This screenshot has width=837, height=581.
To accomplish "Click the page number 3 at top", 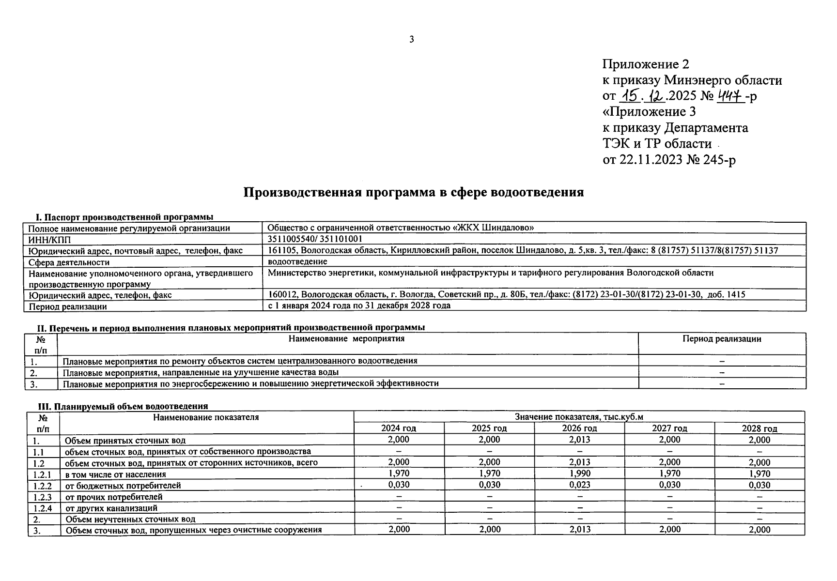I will (412, 40).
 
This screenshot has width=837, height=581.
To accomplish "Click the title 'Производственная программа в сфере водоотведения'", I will (413, 192).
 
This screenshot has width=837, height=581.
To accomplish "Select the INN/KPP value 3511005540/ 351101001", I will (315, 239).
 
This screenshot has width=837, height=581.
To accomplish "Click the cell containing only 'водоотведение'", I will (297, 261).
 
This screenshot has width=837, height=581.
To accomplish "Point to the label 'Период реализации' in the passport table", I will (67, 306).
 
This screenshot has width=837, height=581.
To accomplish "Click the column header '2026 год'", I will (579, 428).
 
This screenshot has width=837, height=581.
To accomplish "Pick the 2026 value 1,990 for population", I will (580, 474).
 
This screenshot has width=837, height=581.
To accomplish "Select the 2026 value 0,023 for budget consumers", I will (580, 485).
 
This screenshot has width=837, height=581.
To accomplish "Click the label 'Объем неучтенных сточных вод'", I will (130, 519).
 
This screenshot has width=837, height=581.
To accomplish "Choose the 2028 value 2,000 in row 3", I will (759, 530).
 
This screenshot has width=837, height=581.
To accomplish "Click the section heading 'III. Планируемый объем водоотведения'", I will (123, 406).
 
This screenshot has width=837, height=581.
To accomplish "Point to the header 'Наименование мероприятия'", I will (346, 339).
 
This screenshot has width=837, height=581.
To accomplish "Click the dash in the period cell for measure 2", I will (722, 372).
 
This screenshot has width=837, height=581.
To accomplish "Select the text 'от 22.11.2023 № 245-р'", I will (669, 160).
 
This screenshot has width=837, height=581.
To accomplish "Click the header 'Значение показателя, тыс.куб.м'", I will (579, 417).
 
